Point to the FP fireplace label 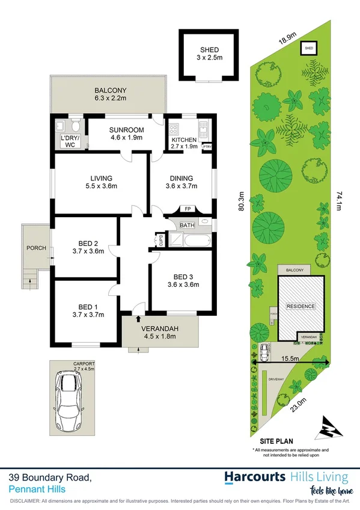pos(188,210)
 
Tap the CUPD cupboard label pos(160,240)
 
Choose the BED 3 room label pos(183,280)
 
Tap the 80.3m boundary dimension pos(242,203)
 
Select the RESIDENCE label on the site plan pos(299,306)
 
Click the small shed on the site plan pos(309,48)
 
